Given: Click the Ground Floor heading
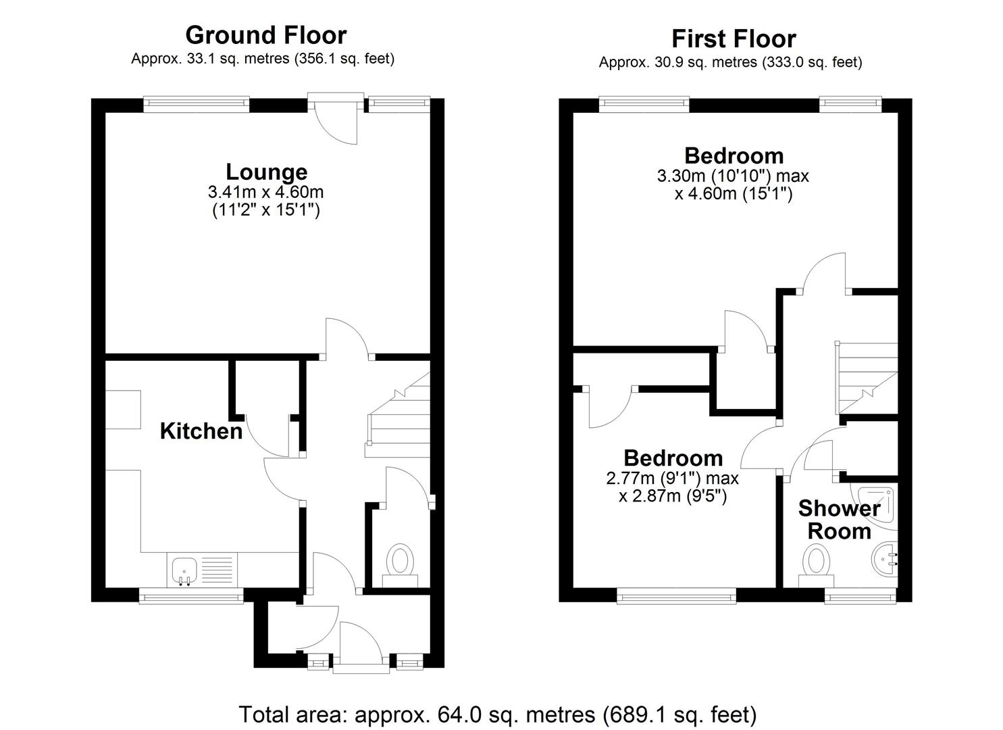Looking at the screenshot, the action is (x=266, y=35).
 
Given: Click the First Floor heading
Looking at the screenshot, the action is (x=734, y=39).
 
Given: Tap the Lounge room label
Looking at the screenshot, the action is (x=266, y=172).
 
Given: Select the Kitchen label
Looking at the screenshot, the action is (x=201, y=431).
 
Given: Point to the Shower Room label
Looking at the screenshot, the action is (x=839, y=520).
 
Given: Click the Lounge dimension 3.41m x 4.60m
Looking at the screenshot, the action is (x=265, y=192).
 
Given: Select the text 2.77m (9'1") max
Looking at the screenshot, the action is (x=673, y=478).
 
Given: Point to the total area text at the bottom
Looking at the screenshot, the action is (x=498, y=714).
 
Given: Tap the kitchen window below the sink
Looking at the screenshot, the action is (x=191, y=595).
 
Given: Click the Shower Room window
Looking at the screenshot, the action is (x=860, y=595).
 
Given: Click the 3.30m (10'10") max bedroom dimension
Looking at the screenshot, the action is (x=733, y=176).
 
